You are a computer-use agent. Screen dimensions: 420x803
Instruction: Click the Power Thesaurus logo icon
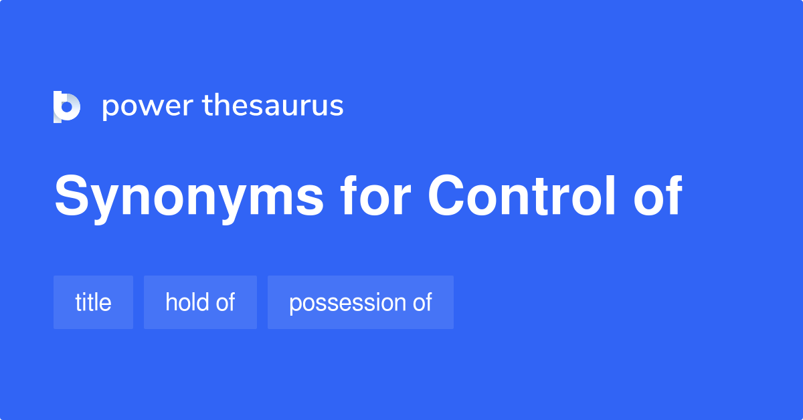66,106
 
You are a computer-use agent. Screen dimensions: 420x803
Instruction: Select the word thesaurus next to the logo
273,106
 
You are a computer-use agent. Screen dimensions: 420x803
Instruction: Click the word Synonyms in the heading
189,197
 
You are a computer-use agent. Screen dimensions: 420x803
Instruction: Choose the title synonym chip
93,302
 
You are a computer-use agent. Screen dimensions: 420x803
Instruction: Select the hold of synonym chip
200,302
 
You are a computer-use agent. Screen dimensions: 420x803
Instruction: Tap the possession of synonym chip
360,302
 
